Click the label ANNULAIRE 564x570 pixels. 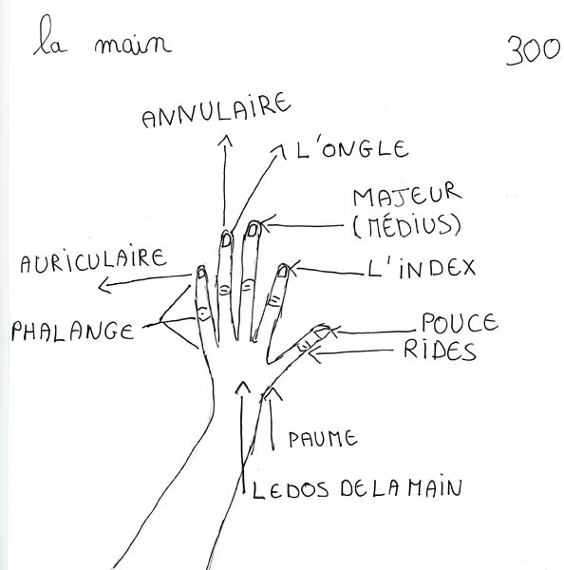click(x=216, y=111)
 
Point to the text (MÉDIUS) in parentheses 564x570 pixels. click(x=407, y=226)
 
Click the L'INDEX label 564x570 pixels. click(x=422, y=269)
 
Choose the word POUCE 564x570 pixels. click(x=460, y=322)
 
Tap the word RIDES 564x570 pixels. click(x=440, y=351)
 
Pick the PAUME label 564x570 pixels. click(x=323, y=438)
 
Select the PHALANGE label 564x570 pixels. click(x=73, y=331)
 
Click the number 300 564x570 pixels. click(x=534, y=51)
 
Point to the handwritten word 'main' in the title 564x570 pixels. click(x=133, y=46)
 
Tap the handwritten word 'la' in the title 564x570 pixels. click(x=50, y=37)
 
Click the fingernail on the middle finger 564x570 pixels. click(x=253, y=230)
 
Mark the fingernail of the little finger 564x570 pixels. click(x=201, y=273)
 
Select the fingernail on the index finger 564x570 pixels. click(x=283, y=271)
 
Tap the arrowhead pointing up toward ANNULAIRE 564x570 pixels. click(x=225, y=141)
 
